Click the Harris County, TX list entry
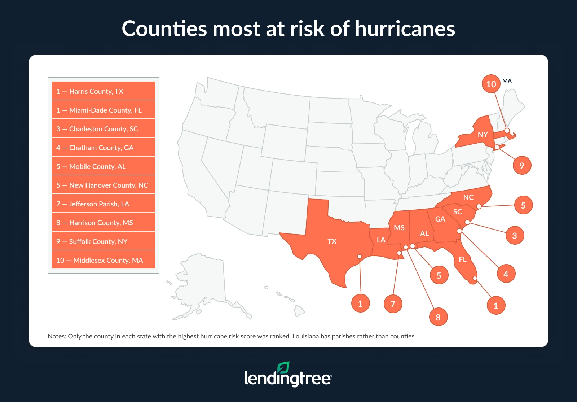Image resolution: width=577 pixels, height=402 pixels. (103, 91)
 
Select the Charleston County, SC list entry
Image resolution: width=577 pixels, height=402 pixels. (103, 129)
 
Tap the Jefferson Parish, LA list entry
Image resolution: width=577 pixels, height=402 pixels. (103, 204)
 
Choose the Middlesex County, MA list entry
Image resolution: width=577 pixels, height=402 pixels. (103, 260)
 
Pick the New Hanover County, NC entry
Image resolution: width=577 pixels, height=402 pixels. (103, 185)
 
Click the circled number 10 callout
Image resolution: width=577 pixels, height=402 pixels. (491, 84)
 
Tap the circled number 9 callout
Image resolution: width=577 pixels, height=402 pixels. (522, 166)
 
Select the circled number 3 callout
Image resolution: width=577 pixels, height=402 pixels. (515, 236)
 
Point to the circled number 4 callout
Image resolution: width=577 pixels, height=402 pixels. (506, 274)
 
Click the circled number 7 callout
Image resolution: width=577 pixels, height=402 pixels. (393, 304)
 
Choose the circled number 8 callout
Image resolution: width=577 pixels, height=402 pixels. (438, 317)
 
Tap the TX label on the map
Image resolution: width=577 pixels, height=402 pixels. (332, 241)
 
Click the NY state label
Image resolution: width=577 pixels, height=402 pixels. (483, 135)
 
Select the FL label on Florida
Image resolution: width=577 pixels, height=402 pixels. (463, 259)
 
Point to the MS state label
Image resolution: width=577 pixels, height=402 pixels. (399, 228)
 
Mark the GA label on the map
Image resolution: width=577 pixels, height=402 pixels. (440, 219)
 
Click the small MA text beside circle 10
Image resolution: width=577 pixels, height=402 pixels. (507, 81)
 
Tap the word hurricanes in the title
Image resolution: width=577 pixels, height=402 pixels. (405, 29)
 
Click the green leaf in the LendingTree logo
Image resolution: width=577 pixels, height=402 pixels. (283, 368)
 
